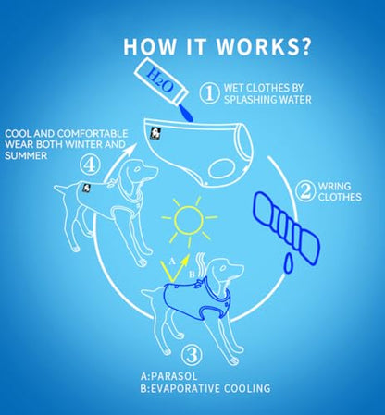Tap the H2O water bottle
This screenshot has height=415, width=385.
coord(161,80)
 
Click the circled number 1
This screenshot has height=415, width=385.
coord(209,93)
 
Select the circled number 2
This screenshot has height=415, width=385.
coord(305,191)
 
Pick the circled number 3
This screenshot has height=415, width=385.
coord(192,355)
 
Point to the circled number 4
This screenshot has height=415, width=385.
coord(90,165)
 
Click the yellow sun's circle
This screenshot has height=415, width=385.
coord(189,221)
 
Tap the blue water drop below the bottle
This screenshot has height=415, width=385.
coord(186,114)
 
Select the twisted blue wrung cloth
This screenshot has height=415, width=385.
coord(286,227)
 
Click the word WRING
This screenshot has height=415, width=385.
coord(334,186)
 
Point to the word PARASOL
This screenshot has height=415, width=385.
coord(174,376)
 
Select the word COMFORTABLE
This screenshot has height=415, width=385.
coord(93,133)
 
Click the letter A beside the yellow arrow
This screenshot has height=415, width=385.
coord(172,262)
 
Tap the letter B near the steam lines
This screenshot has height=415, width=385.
coord(192,274)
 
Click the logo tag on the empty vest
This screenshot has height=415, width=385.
coord(155,133)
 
